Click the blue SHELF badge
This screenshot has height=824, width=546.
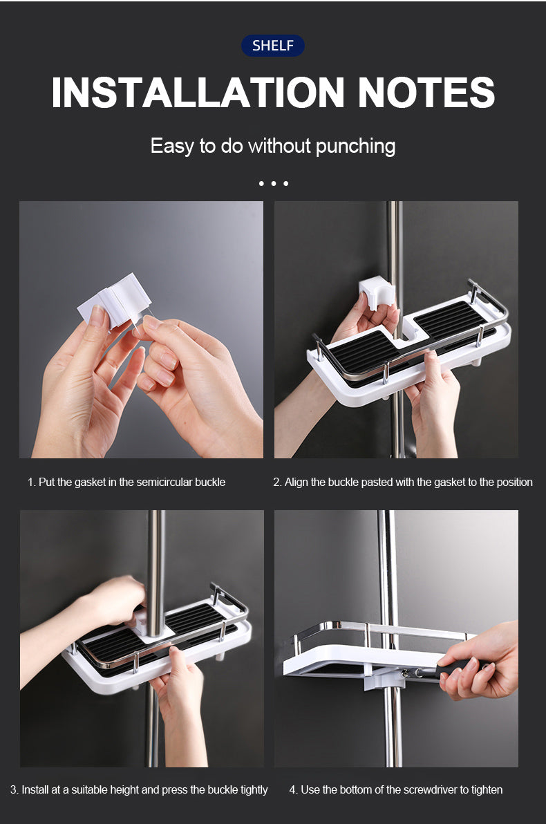(273, 46)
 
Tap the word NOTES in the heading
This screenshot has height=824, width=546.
(426, 93)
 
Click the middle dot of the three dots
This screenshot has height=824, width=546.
(273, 183)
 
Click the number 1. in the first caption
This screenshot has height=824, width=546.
(32, 482)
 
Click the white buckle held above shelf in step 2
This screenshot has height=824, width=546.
(376, 293)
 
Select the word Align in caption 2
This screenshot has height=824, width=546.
(296, 483)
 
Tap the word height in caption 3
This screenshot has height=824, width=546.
(123, 790)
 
